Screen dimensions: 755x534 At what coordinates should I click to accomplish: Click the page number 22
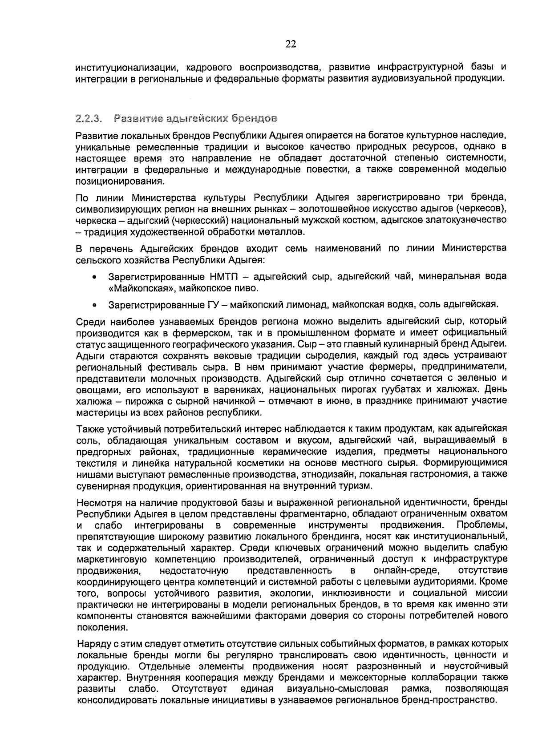tap(290, 44)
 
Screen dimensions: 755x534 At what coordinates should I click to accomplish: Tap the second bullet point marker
tap(94, 306)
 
